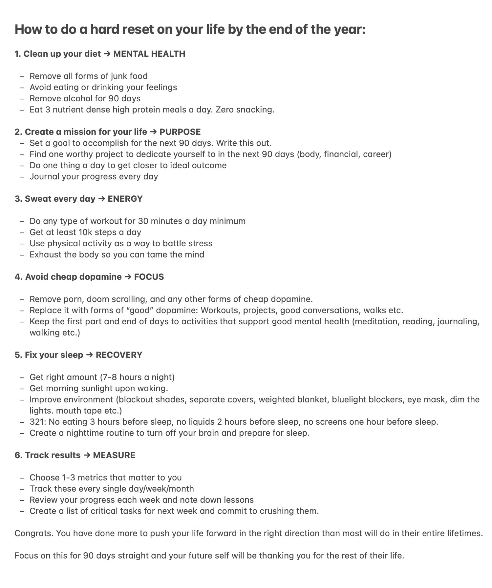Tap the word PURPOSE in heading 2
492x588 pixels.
pos(180,132)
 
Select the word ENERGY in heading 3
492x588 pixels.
pos(125,199)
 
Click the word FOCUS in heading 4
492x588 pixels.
pos(149,277)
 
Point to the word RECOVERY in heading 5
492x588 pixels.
pos(119,355)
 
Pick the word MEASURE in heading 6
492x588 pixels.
pos(114,455)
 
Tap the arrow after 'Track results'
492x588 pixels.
pos(87,455)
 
